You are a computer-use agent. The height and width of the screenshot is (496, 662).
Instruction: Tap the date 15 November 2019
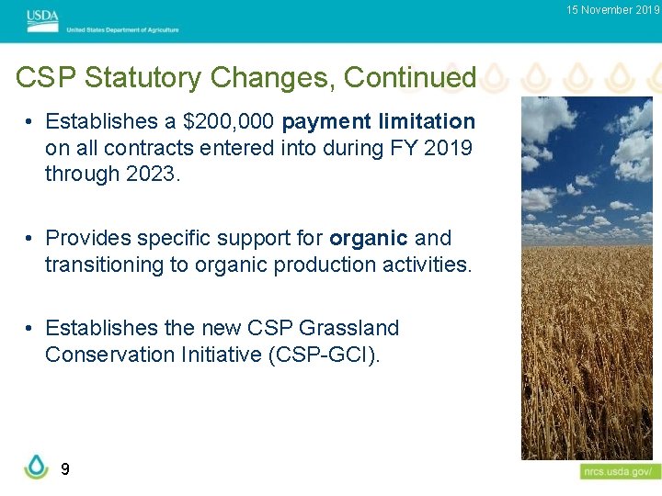tap(612, 10)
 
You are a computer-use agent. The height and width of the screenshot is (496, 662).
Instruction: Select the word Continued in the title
tap(409, 78)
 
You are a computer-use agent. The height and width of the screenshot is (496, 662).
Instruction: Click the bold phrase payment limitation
tap(379, 121)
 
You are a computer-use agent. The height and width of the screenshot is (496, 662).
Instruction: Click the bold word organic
tap(368, 238)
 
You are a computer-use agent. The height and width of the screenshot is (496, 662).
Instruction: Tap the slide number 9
tap(64, 469)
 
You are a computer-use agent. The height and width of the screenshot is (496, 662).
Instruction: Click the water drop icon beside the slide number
tap(36, 466)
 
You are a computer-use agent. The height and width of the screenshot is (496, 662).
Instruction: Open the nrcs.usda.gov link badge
tap(620, 471)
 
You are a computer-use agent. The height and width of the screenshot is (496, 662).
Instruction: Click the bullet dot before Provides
tap(30, 239)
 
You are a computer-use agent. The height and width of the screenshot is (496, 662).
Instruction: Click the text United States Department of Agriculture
tap(122, 29)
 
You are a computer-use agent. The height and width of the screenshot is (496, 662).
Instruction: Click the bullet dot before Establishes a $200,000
tap(30, 122)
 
